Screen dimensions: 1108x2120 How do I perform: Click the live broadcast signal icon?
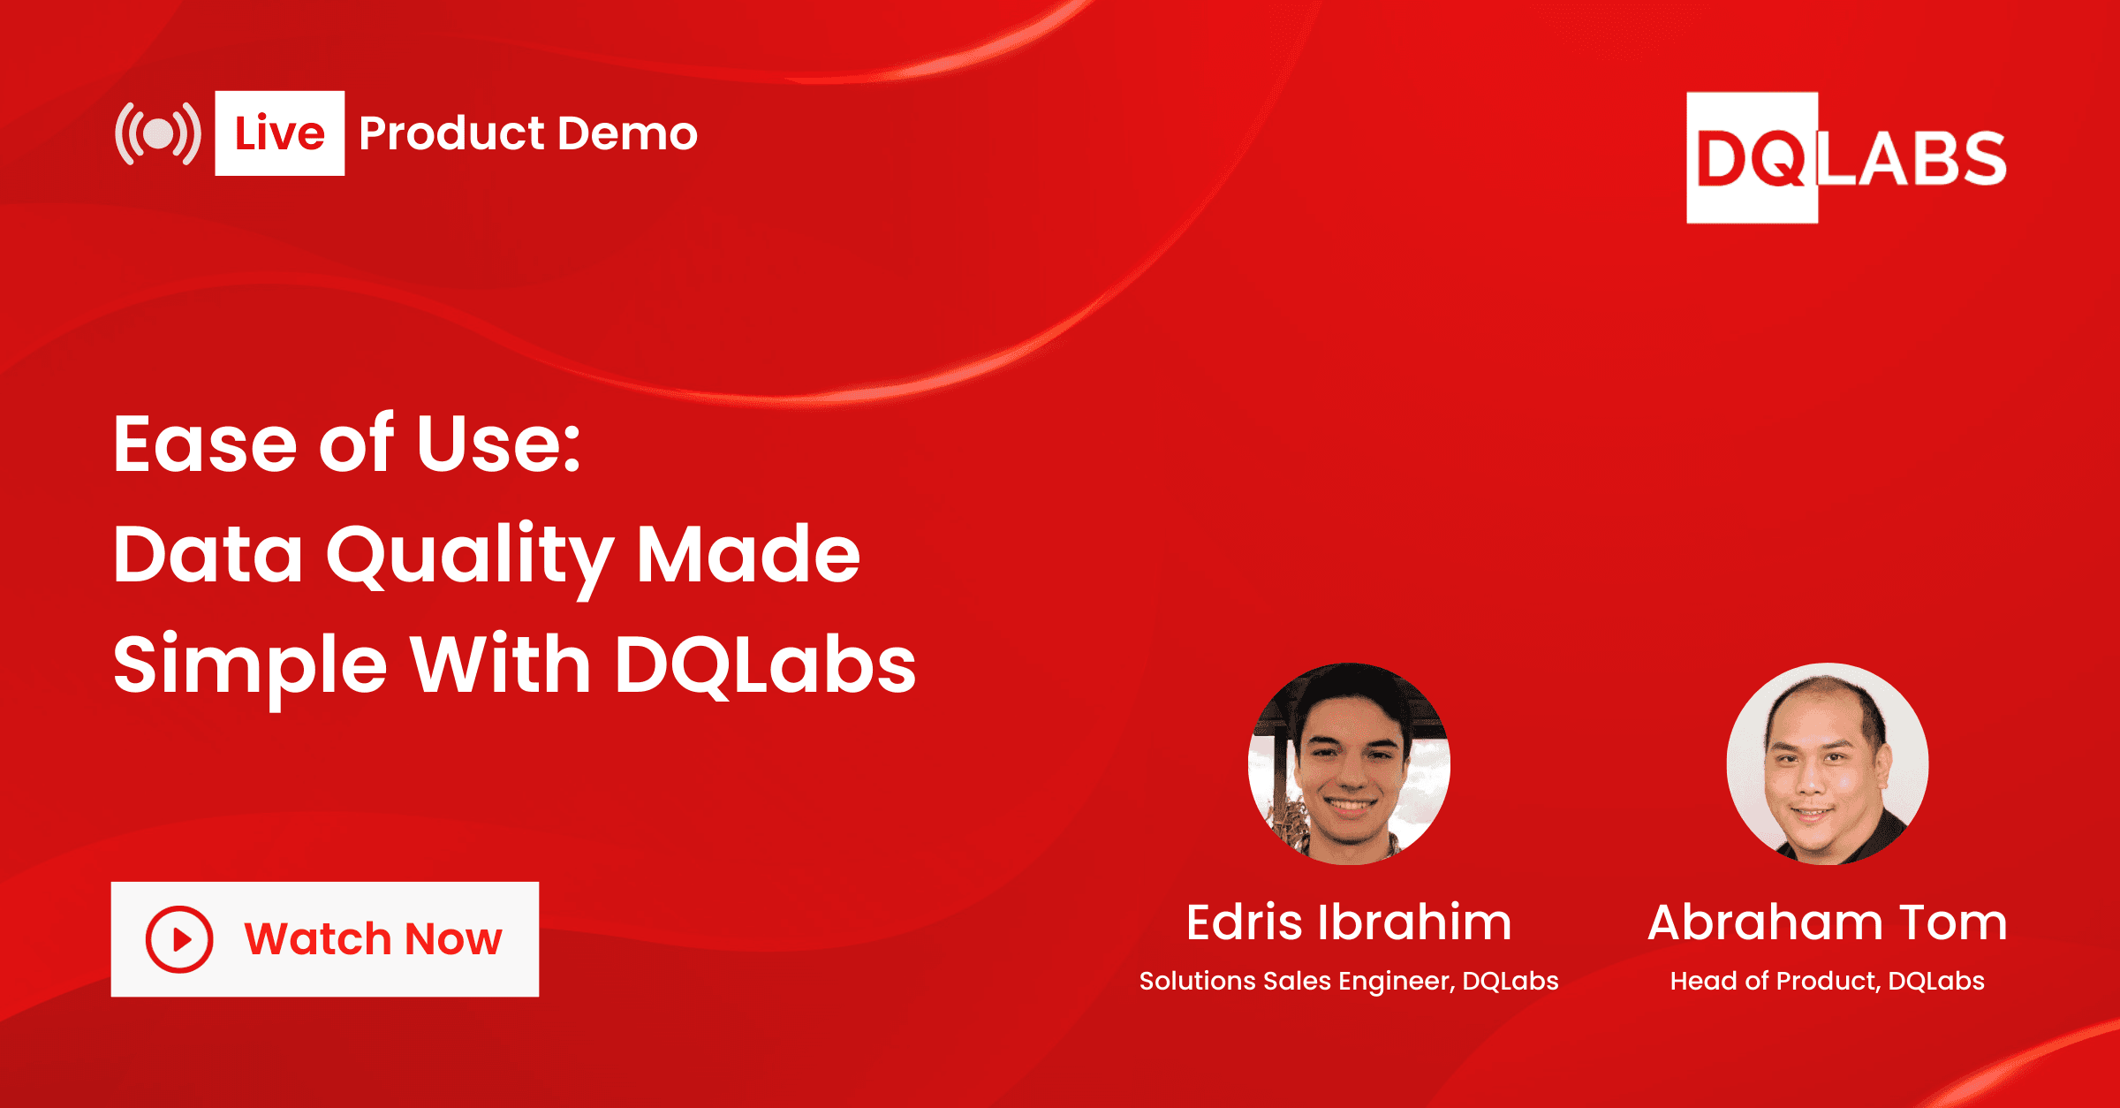tap(158, 134)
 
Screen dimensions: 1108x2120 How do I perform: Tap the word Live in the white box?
tap(279, 133)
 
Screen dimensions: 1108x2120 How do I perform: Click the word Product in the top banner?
tap(451, 134)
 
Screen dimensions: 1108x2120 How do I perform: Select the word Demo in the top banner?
tap(627, 134)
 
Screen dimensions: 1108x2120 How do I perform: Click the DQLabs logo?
tap(1845, 158)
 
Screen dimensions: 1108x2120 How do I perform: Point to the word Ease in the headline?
tap(205, 444)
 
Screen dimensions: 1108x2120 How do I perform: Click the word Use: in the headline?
tap(498, 444)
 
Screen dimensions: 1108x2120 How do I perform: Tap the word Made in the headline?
tap(748, 555)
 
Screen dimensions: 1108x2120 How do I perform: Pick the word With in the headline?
tap(500, 664)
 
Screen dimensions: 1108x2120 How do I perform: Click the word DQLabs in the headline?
tap(765, 664)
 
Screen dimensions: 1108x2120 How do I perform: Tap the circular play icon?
tap(179, 939)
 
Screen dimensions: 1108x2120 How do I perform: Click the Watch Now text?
tap(373, 939)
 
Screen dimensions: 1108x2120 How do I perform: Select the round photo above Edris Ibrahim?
tap(1349, 763)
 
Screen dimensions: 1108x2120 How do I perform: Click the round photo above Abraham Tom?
tap(1827, 763)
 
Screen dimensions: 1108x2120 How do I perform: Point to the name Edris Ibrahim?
tap(1349, 922)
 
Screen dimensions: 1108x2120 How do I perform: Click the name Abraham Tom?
tap(1827, 922)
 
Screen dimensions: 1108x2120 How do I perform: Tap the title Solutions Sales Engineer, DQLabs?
tap(1349, 981)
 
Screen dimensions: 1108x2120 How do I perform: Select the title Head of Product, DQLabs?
tap(1827, 981)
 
